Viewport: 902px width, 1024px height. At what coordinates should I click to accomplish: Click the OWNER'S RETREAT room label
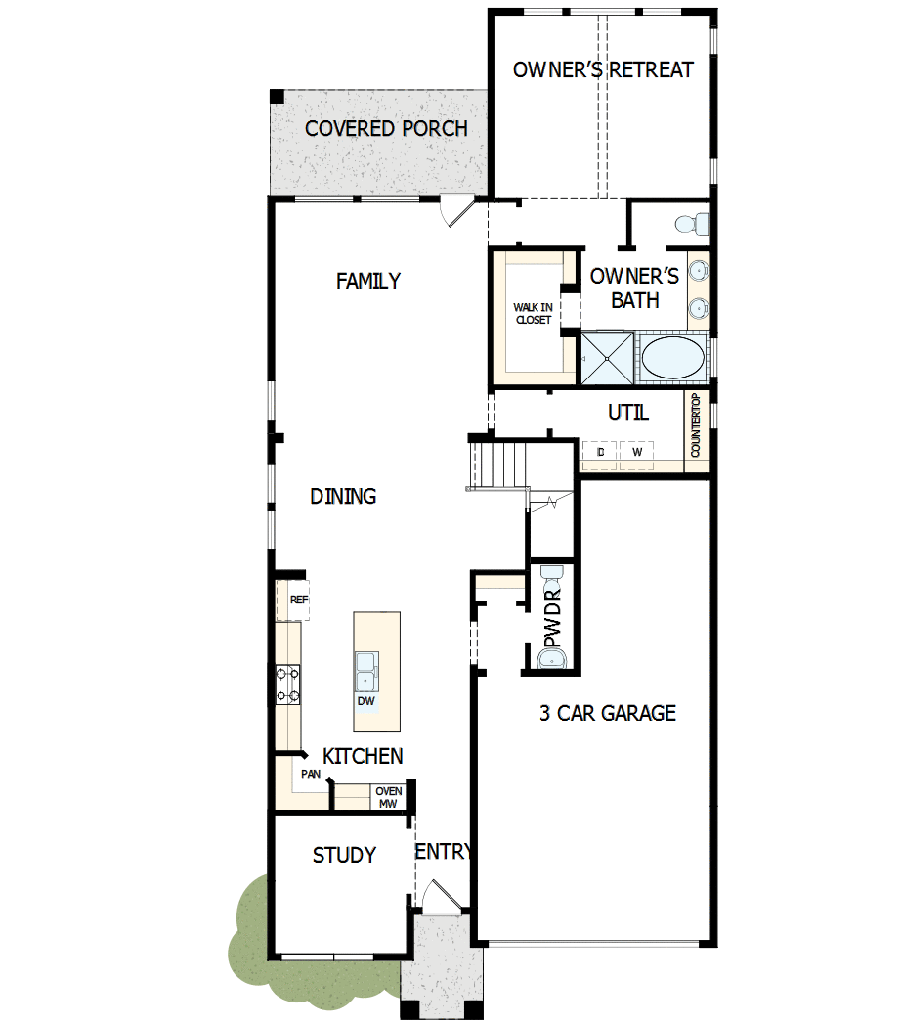[603, 70]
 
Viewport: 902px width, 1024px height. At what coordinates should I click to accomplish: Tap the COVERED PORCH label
[386, 129]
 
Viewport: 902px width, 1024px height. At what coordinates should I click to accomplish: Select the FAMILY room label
[368, 282]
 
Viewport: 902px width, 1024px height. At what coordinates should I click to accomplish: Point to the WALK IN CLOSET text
[533, 314]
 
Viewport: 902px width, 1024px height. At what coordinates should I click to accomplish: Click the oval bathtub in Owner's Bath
[673, 357]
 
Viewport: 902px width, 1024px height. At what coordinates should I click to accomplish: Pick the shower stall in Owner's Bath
[607, 357]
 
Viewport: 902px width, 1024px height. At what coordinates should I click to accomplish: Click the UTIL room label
[628, 413]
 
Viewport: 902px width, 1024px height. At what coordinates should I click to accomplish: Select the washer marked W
[637, 452]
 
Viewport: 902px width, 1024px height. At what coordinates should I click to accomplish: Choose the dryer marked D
[600, 452]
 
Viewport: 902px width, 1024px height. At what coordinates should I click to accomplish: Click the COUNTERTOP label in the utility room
[696, 426]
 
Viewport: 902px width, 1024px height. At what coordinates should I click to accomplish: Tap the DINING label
[343, 497]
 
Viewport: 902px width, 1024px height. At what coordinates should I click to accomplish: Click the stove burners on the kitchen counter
[288, 684]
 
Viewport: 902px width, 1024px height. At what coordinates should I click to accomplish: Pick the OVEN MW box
[389, 798]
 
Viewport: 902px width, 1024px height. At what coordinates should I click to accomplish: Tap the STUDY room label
[344, 856]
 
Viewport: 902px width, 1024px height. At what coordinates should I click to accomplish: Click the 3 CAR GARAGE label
[608, 713]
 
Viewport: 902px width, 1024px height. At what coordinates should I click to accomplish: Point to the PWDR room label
[553, 617]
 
